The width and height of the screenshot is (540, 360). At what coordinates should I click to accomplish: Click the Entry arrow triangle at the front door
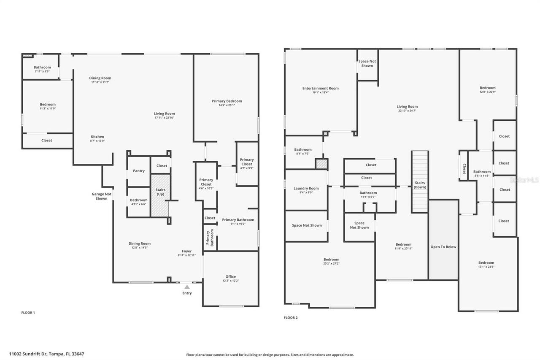[187, 287]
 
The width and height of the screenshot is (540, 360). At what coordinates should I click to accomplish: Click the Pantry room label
[139, 171]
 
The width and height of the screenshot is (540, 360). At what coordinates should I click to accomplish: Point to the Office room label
[230, 276]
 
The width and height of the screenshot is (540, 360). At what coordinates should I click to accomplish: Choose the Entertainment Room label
[320, 88]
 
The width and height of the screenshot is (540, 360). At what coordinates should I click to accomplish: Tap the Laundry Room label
[306, 188]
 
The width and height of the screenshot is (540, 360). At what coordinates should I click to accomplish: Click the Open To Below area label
[443, 247]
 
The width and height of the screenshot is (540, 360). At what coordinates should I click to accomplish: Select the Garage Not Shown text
[102, 196]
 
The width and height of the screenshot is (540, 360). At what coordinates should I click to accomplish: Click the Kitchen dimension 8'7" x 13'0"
[97, 141]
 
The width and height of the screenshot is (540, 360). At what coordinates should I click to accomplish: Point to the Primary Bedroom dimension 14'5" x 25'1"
[227, 105]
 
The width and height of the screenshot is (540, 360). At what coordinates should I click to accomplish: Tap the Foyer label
[186, 251]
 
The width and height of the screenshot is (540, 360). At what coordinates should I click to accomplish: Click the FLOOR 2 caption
[291, 317]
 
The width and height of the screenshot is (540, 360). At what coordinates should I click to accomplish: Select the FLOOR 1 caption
[28, 313]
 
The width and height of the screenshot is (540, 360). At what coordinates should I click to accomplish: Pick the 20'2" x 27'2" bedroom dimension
[331, 264]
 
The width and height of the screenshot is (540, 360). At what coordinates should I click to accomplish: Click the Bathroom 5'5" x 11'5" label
[482, 172]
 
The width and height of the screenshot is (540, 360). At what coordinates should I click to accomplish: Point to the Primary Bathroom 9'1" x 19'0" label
[238, 220]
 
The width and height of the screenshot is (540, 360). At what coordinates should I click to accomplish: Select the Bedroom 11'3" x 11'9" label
[48, 105]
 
